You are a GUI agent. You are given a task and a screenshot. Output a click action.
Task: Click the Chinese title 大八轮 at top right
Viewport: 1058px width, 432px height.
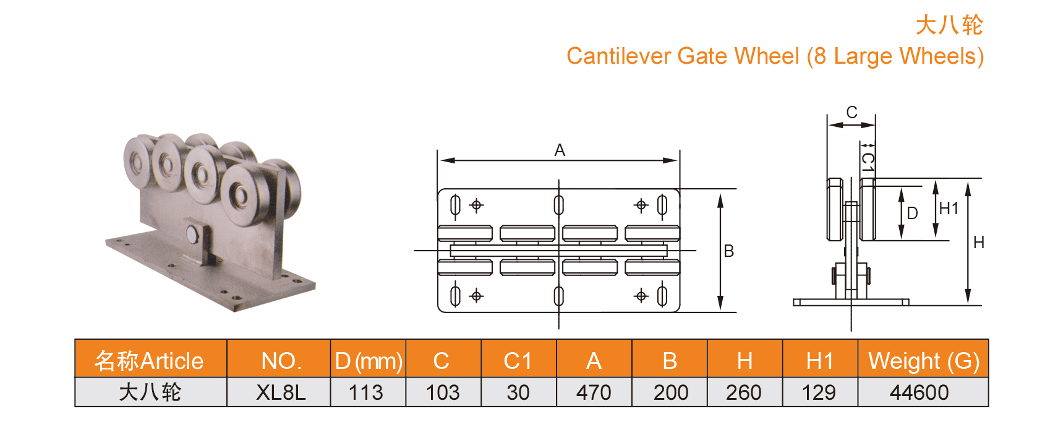coord(949,25)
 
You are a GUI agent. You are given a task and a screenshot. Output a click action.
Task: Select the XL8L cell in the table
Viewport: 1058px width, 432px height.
coord(280,392)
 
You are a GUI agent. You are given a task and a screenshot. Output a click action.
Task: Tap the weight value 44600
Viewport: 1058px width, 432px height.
coord(919,392)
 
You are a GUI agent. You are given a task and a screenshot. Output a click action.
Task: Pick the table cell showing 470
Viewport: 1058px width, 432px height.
coord(594,392)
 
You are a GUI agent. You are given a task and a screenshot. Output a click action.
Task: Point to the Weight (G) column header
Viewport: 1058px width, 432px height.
coord(923,361)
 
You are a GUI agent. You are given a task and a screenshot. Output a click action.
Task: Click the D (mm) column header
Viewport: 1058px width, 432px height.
coord(369,361)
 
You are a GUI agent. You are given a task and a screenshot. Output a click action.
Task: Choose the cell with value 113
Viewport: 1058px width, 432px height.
coord(365,392)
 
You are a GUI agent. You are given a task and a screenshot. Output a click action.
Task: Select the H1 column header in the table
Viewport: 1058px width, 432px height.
coord(820,361)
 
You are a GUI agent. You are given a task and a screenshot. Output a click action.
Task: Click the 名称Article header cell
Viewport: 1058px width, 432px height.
coord(149,361)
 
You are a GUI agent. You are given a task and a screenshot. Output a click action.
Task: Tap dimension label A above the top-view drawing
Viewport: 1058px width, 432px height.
coord(560,150)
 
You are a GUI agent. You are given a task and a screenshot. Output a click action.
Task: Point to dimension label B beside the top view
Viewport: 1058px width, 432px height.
coord(729,251)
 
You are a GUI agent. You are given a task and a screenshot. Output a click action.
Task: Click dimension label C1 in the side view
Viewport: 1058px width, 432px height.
coord(868,162)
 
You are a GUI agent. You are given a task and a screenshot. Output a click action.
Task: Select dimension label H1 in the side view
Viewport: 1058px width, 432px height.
coord(949,209)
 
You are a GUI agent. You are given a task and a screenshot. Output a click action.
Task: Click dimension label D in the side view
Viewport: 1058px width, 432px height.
coord(912,214)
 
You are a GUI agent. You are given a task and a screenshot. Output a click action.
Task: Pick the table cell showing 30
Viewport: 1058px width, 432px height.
coord(518,392)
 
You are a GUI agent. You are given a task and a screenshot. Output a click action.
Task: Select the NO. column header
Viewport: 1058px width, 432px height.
coord(281,361)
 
